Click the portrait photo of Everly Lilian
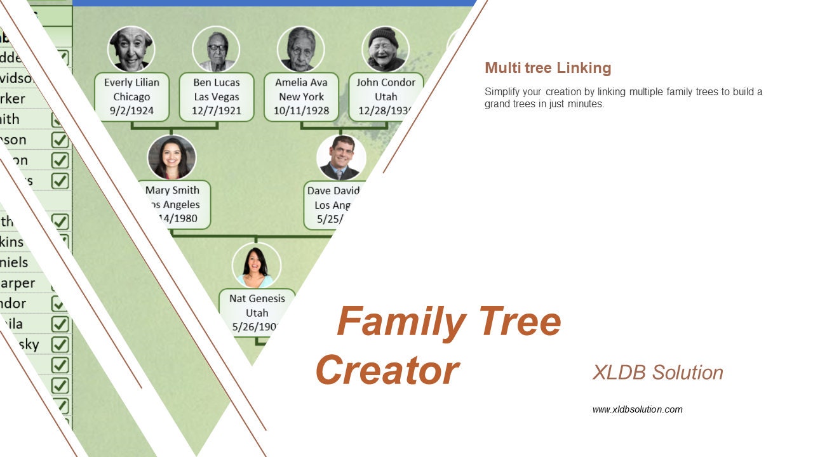(x=131, y=49)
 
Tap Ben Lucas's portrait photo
(x=216, y=49)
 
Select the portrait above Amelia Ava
(x=300, y=49)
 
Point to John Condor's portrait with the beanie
(x=385, y=49)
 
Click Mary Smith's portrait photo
(x=171, y=157)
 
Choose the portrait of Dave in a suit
(x=342, y=157)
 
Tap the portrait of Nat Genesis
(x=256, y=265)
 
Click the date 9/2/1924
(x=131, y=111)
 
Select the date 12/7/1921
(x=217, y=111)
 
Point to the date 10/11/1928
(x=301, y=111)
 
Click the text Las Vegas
(x=217, y=96)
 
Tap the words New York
(x=301, y=96)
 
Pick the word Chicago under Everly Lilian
(x=131, y=96)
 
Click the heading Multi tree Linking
(x=548, y=68)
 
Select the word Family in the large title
(x=401, y=321)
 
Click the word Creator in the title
(x=387, y=370)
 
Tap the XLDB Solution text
(x=657, y=373)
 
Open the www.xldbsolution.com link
(x=637, y=409)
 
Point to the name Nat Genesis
(x=257, y=298)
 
